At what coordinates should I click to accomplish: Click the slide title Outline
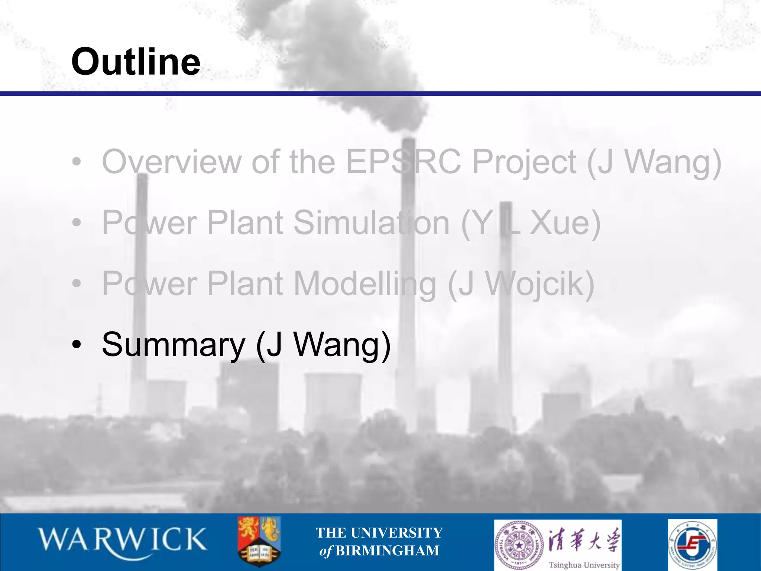(x=136, y=61)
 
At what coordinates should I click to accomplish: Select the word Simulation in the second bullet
(x=372, y=223)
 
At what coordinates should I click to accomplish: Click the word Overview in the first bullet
(x=171, y=162)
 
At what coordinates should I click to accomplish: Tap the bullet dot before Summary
(x=77, y=345)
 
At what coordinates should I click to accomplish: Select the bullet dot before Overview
(x=77, y=162)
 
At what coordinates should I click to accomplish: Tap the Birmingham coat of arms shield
(x=259, y=541)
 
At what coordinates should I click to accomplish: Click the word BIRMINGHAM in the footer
(x=387, y=551)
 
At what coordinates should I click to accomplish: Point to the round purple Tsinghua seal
(x=519, y=544)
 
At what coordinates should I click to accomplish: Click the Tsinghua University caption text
(x=584, y=565)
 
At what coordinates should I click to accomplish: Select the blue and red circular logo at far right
(x=692, y=545)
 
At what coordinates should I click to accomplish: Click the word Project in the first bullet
(x=524, y=162)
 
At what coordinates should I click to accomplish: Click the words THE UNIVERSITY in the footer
(x=379, y=533)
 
